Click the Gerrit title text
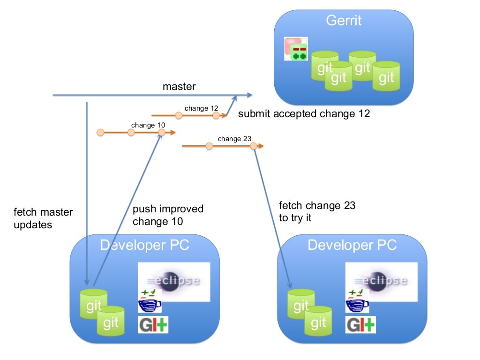click(x=344, y=21)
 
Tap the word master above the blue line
click(x=179, y=87)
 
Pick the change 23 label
click(x=234, y=139)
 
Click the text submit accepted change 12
click(x=304, y=113)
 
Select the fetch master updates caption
click(x=43, y=218)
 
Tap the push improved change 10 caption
click(x=168, y=215)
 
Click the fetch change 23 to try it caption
click(x=317, y=211)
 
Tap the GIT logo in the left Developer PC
click(x=153, y=325)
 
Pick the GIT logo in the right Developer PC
click(x=360, y=325)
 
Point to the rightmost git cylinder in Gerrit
click(x=386, y=76)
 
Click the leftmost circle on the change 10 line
click(x=100, y=133)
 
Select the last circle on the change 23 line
click(x=254, y=146)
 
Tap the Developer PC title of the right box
click(x=352, y=245)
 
